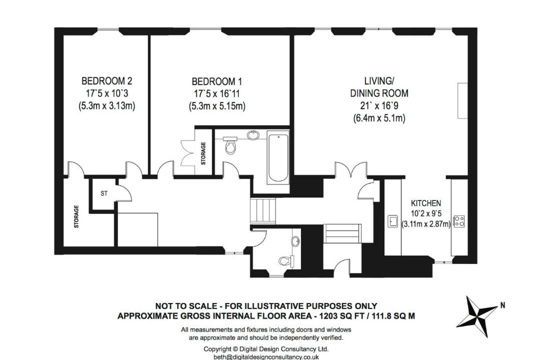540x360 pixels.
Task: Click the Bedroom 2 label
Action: (107, 81)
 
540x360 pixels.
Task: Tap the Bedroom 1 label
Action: (216, 81)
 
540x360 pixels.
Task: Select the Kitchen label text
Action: (426, 203)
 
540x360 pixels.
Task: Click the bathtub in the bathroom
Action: (278, 158)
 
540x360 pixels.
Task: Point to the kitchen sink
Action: (392, 221)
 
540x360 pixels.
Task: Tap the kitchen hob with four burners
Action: (459, 221)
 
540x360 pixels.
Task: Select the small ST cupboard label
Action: (104, 193)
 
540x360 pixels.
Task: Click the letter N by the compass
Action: (502, 305)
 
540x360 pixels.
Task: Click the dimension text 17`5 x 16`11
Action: (216, 93)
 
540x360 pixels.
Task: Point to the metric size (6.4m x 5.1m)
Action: (379, 118)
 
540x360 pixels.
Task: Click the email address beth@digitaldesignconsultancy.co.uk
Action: (266, 357)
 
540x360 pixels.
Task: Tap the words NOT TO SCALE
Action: (186, 306)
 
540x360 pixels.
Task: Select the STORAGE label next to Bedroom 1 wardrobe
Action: (203, 153)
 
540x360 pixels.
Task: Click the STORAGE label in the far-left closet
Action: (76, 216)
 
